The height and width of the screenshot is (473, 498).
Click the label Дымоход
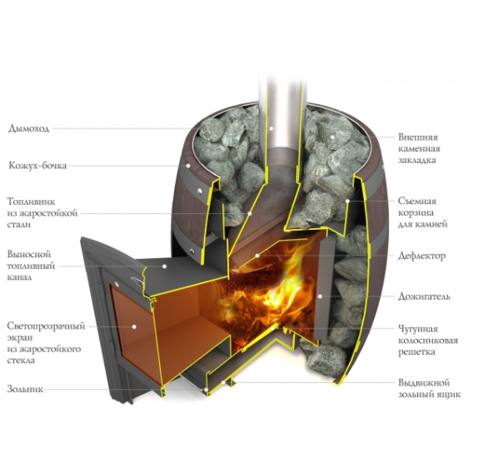28,128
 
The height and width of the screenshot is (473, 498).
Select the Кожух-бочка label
37,166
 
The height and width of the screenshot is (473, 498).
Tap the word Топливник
31,202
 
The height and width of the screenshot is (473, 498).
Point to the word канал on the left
19,277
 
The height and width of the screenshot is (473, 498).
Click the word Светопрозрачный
46,326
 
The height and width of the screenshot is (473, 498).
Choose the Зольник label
25,389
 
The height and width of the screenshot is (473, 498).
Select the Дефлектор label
421,256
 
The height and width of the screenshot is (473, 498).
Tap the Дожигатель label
425,296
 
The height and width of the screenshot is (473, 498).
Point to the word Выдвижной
424,383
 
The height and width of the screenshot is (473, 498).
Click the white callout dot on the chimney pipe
271,128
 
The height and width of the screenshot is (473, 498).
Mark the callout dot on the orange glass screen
134,326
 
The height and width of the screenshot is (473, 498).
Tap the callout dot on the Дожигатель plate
320,296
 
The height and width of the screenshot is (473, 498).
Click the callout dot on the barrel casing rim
188,166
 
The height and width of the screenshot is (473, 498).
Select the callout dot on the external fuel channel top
165,266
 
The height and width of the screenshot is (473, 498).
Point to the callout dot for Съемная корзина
348,201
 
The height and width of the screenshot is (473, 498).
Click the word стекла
21,361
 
